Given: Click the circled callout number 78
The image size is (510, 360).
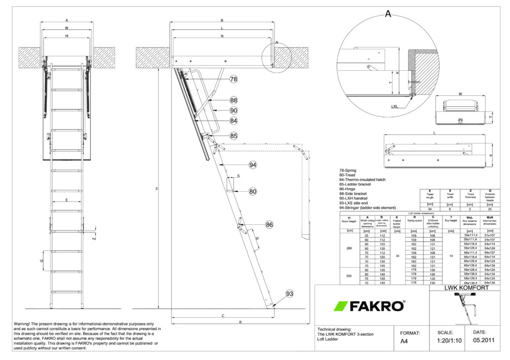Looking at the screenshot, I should [233, 80].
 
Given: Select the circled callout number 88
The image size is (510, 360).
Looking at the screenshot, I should [233, 100].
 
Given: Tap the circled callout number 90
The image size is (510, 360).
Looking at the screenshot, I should [233, 111].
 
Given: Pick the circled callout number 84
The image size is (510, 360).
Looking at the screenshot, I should [233, 121].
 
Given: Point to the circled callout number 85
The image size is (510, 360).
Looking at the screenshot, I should [233, 136].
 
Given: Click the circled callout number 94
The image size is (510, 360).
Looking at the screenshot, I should [253, 165].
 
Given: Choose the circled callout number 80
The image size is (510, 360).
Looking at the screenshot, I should [253, 192].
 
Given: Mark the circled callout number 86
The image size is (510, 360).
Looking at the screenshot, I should [269, 225].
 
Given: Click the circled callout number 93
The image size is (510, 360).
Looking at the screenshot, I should [289, 293].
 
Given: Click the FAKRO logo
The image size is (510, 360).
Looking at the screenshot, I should [368, 306].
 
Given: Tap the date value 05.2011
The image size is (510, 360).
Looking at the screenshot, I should [483, 341].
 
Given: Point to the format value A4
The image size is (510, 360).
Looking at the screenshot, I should [405, 342].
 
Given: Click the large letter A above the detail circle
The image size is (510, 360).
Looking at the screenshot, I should [388, 15].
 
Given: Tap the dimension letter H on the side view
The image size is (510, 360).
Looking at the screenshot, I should [157, 189].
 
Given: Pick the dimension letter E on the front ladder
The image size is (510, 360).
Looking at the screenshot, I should [66, 199].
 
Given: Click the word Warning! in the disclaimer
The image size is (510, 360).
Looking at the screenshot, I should [25, 323].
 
